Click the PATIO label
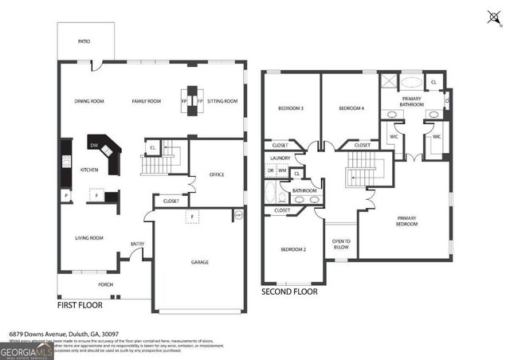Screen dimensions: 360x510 (84, 41)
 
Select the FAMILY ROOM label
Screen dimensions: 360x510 (147, 101)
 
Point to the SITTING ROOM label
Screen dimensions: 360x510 (222, 101)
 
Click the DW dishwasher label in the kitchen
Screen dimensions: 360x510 (94, 145)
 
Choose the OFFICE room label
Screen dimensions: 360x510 (217, 174)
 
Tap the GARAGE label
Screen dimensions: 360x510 (199, 261)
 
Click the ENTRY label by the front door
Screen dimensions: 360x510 (137, 244)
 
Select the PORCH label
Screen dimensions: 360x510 (105, 284)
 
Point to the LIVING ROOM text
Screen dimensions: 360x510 (89, 237)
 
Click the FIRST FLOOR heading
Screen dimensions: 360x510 (83, 305)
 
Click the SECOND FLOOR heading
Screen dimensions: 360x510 (289, 292)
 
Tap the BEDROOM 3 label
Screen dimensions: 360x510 (291, 108)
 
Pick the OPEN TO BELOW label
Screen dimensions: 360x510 (340, 245)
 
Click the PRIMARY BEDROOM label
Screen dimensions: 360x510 (406, 221)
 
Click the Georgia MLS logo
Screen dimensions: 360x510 (26, 351)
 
